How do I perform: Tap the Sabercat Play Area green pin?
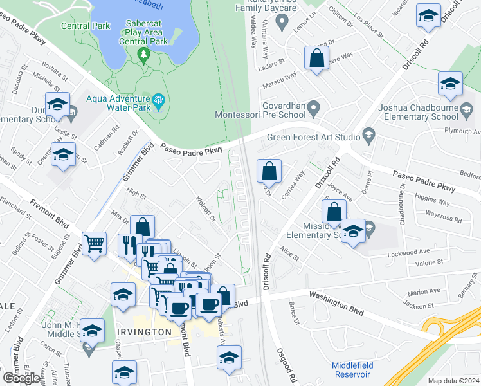point(143,57)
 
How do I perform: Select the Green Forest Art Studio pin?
point(368,135)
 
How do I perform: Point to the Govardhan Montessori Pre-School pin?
point(313,109)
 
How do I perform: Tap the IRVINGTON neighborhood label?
point(145,332)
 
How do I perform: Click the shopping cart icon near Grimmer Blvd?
point(95,243)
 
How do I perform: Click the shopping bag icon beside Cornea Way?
point(269,172)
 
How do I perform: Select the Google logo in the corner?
point(21,378)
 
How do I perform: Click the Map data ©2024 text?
point(454,381)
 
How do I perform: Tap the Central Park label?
point(78,26)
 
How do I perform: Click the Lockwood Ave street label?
point(408,253)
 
